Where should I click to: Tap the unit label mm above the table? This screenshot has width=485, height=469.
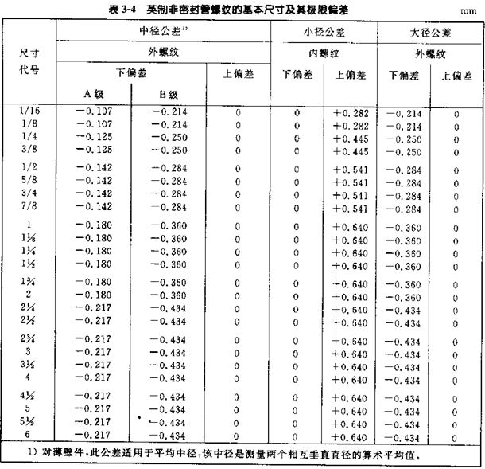(468, 10)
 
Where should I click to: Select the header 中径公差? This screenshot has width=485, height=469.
(163, 33)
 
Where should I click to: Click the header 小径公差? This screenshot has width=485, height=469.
(323, 33)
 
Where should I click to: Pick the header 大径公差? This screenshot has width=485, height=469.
(429, 33)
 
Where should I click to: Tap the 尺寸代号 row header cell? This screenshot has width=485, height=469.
(28, 61)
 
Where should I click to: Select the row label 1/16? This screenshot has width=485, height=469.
(28, 111)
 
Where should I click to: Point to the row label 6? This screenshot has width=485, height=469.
(28, 436)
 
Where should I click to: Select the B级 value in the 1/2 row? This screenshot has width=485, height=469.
(169, 168)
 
